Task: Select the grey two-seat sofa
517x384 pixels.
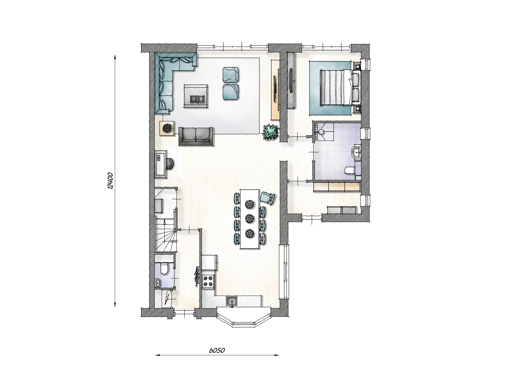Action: [x=196, y=136]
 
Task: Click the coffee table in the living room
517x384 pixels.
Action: [x=196, y=96]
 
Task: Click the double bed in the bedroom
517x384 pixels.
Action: [x=340, y=87]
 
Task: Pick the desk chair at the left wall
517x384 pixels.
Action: [x=170, y=163]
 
